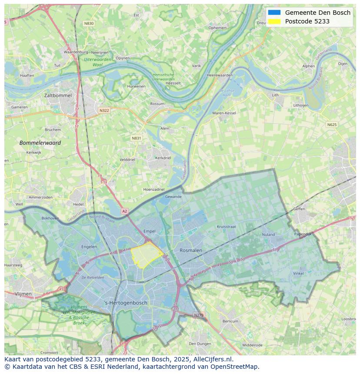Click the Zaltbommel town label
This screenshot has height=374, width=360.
tap(57, 95)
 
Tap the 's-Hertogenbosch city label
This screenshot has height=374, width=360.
tap(126, 303)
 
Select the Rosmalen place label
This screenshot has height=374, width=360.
tap(191, 251)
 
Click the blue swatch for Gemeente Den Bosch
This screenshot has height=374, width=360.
tap(274, 13)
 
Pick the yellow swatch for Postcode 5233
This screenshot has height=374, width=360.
tap(274, 21)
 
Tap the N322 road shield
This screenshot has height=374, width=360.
tap(104, 110)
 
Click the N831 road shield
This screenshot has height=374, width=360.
tap(136, 138)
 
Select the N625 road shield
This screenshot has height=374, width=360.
tap(332, 125)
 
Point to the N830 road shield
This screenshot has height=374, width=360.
tap(89, 23)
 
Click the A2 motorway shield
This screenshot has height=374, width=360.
tap(125, 211)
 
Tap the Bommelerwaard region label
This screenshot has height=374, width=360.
tap(40, 142)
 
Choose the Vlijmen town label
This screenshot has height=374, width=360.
tap(23, 294)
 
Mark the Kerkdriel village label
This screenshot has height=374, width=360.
tap(163, 158)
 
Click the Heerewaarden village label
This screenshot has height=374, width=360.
tap(220, 75)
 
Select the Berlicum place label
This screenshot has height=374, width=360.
tap(230, 321)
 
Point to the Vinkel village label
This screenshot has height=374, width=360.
tap(298, 274)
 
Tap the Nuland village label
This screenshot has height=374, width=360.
tap(268, 235)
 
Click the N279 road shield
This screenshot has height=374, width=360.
tap(199, 315)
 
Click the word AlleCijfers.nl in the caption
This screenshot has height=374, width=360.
tap(213, 359)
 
